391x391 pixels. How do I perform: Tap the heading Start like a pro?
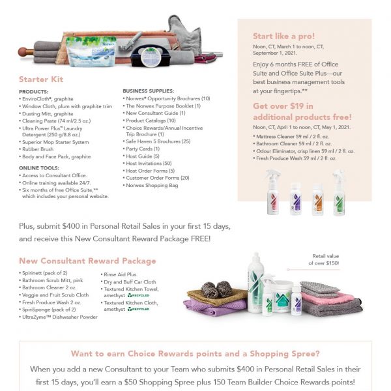pyautogui.click(x=283, y=36)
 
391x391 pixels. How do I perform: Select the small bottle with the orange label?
pyautogui.click(x=317, y=197)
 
